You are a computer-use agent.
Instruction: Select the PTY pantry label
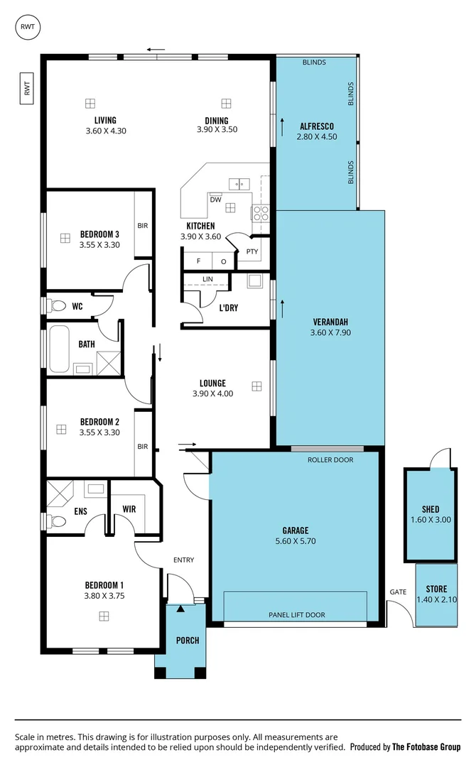coord(251,251)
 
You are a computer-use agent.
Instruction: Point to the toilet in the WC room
coord(56,306)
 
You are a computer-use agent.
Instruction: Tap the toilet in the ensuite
coord(56,522)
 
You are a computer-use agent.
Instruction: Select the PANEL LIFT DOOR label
coord(297,615)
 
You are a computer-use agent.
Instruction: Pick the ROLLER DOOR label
coord(330,459)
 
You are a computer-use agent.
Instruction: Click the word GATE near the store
coord(397,592)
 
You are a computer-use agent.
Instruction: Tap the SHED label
coord(431,509)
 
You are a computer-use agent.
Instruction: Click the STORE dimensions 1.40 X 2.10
coord(436,600)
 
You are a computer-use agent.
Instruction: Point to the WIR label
coord(129,509)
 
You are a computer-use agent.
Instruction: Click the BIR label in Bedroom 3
coord(143,226)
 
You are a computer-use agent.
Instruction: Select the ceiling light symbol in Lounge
coord(256,386)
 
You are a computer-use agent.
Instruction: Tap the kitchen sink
coord(239,184)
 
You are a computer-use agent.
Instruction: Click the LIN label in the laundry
coord(207,279)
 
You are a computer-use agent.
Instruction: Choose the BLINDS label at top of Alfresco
coord(314,62)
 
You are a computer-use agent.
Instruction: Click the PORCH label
coord(188,640)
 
